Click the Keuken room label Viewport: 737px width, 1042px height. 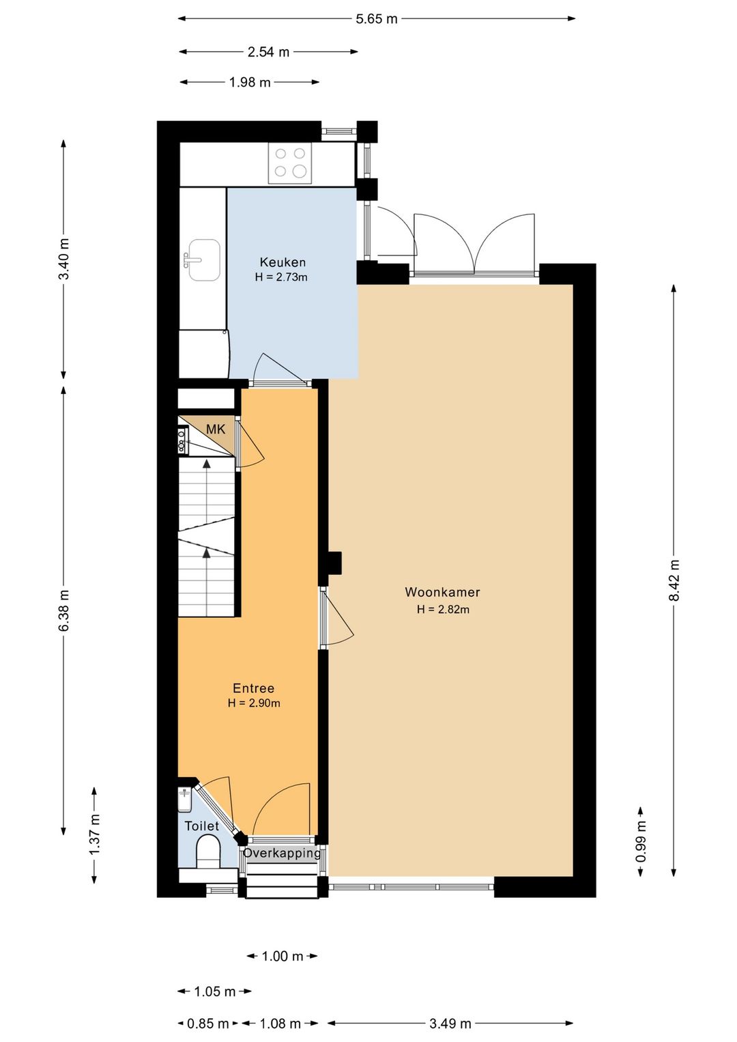[x=283, y=262]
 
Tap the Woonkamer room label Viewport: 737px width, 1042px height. [x=442, y=592]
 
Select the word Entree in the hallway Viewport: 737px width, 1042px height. [x=253, y=688]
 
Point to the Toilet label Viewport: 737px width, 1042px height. [x=201, y=826]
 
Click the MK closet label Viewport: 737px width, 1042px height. [x=215, y=429]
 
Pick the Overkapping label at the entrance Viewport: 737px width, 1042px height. [x=283, y=853]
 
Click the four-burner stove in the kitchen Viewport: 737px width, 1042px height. [x=290, y=163]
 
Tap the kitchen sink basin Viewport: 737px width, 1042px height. [x=203, y=260]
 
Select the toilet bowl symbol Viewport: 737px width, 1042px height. [x=208, y=851]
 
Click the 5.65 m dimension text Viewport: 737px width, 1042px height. [x=377, y=19]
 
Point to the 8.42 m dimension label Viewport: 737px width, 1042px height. [x=674, y=580]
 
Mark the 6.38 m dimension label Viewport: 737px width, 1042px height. [x=64, y=610]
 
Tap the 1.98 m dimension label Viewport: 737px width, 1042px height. [x=250, y=83]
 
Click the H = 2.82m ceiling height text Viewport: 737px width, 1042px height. [x=443, y=609]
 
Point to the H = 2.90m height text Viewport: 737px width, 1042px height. [x=254, y=703]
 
